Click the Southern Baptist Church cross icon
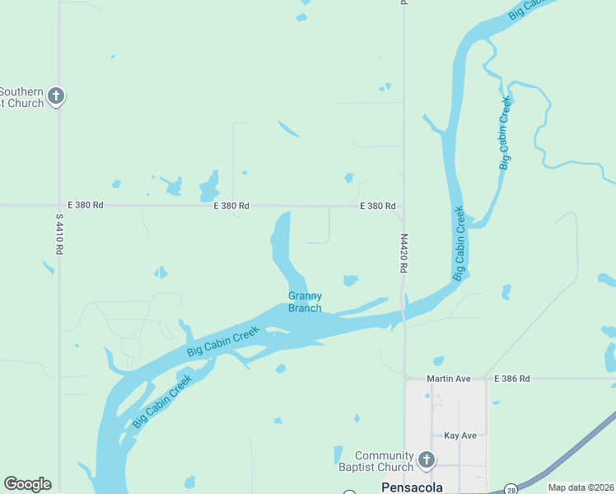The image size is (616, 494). pos(56,96)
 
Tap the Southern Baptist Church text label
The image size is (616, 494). pos(21,97)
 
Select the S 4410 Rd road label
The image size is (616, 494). pos(59,234)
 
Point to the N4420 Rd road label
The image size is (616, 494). pos(404,253)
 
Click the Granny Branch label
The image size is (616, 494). pos(305,302)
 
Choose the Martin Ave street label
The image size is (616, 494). pos(448,379)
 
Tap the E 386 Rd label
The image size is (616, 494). pos(512,379)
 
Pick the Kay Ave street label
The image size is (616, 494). pos(460,435)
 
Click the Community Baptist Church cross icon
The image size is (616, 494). pos(426,459)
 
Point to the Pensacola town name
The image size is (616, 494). pos(412,487)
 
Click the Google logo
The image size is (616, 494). pos(27,484)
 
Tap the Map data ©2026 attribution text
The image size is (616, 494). pos(581,487)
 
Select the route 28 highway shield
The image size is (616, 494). pos(511,487)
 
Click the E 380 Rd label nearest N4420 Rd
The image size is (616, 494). pos(378,206)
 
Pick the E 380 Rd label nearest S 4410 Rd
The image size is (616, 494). pos(85,205)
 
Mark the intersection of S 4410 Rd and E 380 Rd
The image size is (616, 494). pos(59,205)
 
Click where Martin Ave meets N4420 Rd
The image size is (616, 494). pos(404,379)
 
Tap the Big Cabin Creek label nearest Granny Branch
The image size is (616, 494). pos(223,341)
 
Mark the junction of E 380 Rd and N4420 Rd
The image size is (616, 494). pos(403,207)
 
